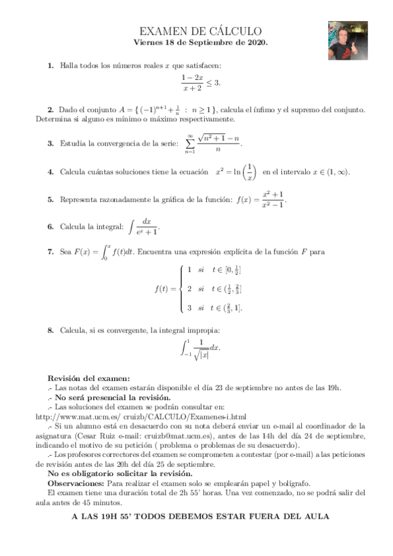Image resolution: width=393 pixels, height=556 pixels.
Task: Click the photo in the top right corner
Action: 350,40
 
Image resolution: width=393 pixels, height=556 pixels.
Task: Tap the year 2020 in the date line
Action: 255,43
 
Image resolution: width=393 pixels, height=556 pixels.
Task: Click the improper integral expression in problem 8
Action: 199,349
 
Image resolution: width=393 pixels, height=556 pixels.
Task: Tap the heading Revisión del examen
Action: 89,378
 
